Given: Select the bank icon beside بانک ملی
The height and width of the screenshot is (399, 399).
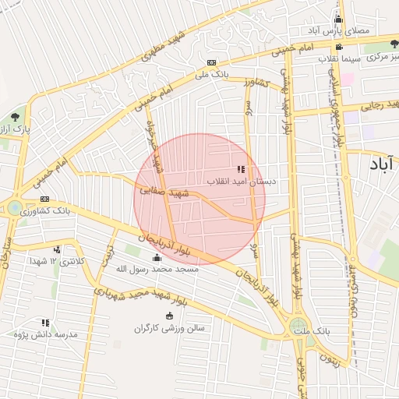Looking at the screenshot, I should pos(211,62).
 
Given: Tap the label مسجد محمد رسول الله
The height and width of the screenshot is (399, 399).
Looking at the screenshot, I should pos(157,269).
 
